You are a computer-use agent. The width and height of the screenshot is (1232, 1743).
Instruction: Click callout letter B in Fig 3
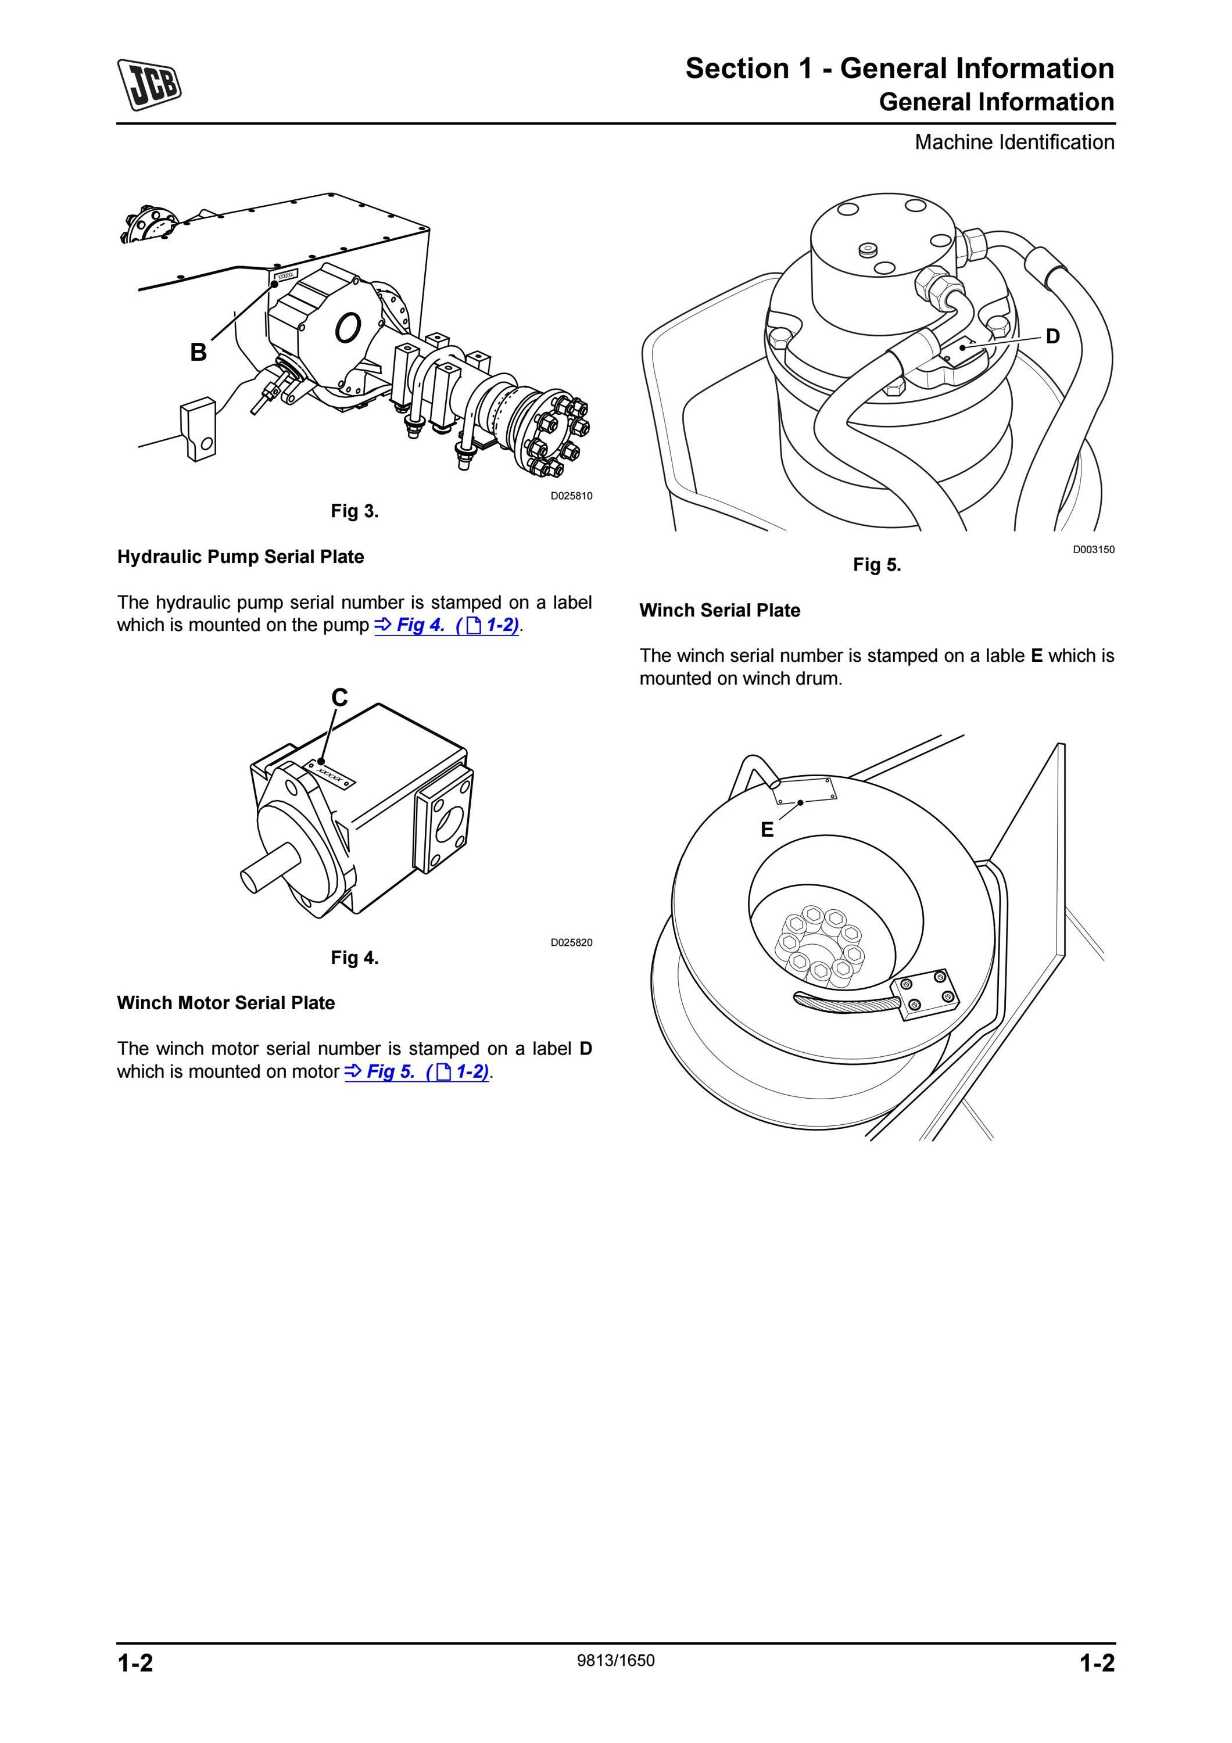coord(198,352)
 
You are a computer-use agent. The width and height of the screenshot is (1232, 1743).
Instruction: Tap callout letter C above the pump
coord(339,697)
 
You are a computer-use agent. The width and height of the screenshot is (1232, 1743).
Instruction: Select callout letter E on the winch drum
coord(768,830)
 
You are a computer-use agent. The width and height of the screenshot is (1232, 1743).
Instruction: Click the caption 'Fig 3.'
coord(354,511)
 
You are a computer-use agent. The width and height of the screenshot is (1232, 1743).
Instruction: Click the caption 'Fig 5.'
coord(877,565)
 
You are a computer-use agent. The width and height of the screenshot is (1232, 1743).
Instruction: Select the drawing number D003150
coord(1093,550)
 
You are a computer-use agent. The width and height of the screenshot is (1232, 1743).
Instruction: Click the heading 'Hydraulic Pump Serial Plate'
coord(241,557)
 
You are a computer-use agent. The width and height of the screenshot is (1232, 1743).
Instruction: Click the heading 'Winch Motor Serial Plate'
coord(225,1003)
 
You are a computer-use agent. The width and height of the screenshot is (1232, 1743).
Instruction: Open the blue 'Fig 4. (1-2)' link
coord(446,626)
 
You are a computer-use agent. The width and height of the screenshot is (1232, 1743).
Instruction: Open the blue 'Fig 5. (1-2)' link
coord(417,1072)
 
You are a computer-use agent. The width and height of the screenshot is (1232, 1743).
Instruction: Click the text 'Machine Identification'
coord(1014,142)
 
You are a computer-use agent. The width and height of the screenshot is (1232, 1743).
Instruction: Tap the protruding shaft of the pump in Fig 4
coord(270,871)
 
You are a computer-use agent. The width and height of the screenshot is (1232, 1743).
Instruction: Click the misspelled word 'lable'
coord(1005,655)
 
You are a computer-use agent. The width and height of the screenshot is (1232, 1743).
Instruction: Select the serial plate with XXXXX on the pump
coord(330,773)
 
